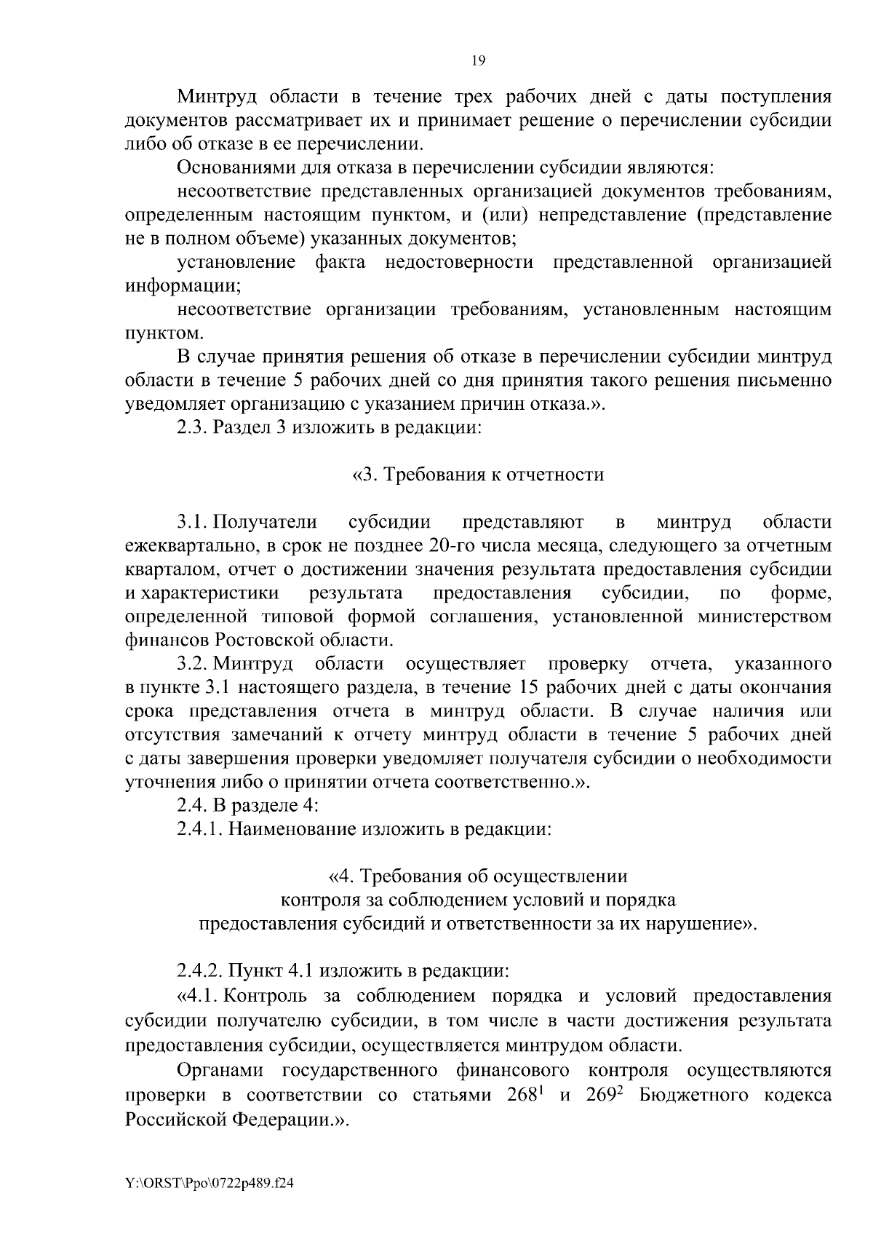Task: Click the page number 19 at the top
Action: [478, 61]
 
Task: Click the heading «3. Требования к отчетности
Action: [478, 475]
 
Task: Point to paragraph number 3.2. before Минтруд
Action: [193, 665]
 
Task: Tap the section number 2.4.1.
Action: [200, 830]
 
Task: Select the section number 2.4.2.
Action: [200, 972]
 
